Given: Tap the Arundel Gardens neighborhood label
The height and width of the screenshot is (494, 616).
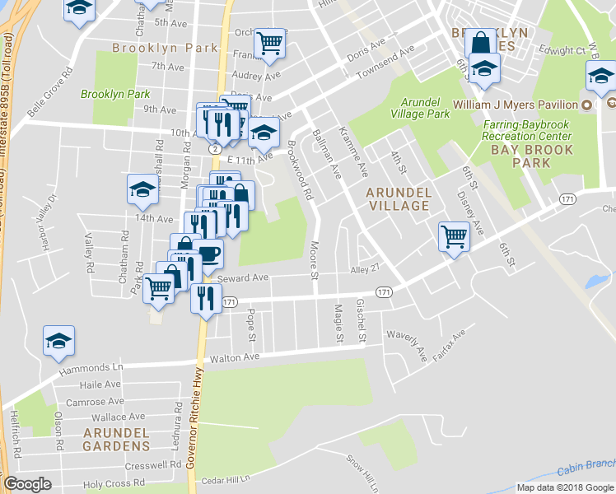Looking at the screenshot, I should tap(115, 439).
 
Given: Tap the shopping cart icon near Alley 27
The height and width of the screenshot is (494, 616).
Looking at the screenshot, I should tap(454, 236).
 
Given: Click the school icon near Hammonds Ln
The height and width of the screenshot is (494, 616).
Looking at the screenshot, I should tap(59, 341).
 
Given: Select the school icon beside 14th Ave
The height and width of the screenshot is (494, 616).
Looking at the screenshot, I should tap(142, 190).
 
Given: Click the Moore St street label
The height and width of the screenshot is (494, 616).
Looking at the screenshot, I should tap(314, 260).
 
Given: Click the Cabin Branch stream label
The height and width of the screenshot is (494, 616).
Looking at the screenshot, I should tap(586, 468).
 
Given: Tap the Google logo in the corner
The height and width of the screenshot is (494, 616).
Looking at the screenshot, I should tap(27, 484).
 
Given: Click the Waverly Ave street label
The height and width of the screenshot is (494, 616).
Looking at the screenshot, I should tap(422, 348).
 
